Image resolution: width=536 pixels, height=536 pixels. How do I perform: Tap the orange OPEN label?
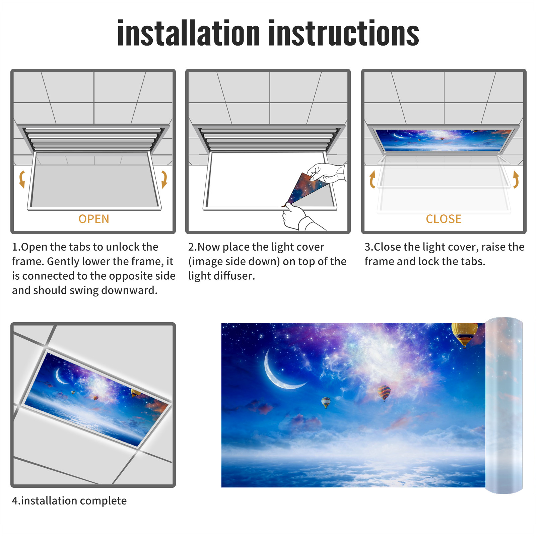pyautogui.click(x=94, y=219)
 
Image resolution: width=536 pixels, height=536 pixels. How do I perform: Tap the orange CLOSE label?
pyautogui.click(x=444, y=219)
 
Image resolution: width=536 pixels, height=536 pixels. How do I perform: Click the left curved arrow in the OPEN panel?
pyautogui.click(x=21, y=179)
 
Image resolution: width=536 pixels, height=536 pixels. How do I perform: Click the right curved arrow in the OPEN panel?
pyautogui.click(x=164, y=179)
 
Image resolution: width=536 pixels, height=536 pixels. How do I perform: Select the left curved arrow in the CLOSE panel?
pyautogui.click(x=372, y=179)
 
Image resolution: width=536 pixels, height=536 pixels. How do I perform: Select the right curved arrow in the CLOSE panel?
pyautogui.click(x=516, y=179)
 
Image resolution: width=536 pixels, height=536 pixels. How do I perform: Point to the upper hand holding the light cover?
pyautogui.click(x=327, y=173)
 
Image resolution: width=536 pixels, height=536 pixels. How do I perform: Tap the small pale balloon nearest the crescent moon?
pyautogui.click(x=326, y=402)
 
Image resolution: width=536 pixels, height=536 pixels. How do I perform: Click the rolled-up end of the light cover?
pyautogui.click(x=504, y=405)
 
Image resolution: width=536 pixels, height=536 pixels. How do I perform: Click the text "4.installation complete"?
pyautogui.click(x=69, y=501)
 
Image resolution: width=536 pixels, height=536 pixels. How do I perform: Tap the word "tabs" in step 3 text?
pyautogui.click(x=473, y=261)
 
